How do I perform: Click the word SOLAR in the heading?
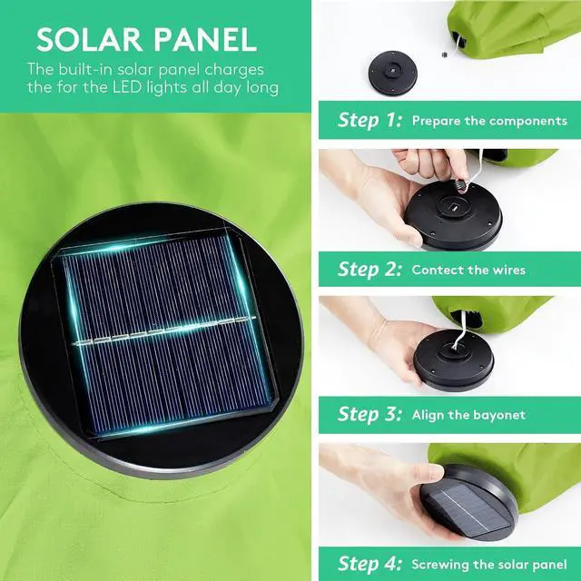pos(89,39)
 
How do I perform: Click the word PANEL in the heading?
pos(205,39)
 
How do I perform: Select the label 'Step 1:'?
pos(369,120)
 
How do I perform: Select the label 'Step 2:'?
pos(369,269)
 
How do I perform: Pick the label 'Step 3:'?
pos(369,414)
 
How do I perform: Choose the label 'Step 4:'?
pos(369,564)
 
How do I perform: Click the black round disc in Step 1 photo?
pos(393,73)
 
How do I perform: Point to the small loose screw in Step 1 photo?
pos(445,54)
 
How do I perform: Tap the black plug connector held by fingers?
pos(460,184)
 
